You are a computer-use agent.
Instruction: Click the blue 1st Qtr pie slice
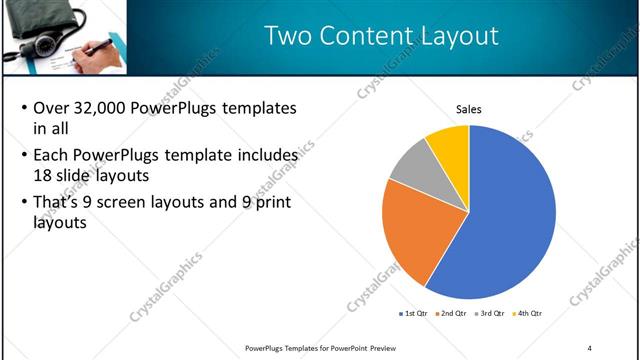pos(510,220)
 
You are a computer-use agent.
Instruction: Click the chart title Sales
pos(469,109)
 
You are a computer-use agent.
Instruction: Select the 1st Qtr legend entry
pos(415,314)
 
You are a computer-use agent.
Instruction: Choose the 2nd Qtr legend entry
pos(454,314)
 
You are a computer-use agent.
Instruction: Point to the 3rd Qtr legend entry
pos(491,314)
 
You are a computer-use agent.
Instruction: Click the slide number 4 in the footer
pos(589,347)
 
